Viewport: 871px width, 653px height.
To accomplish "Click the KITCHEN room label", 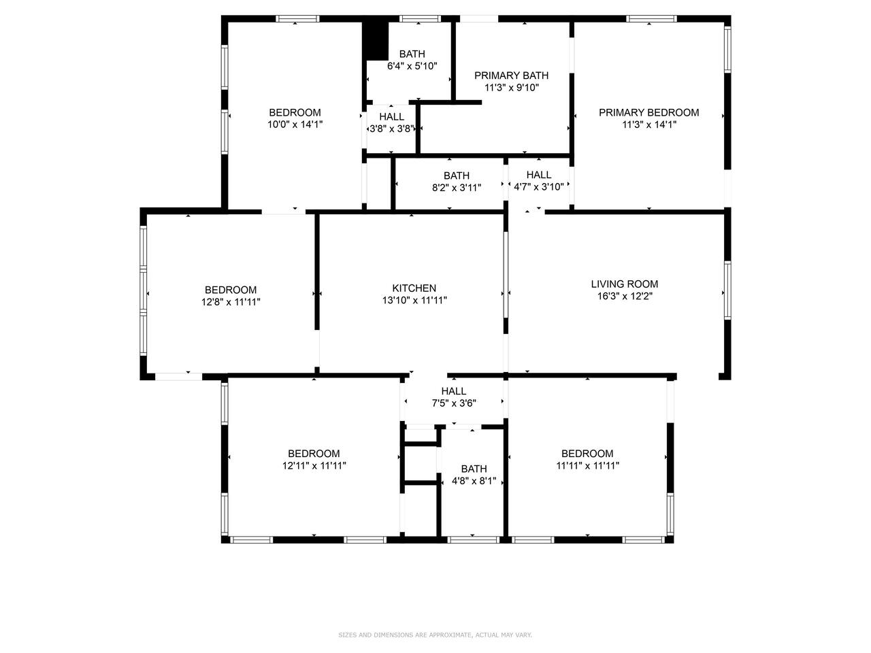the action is click(x=414, y=288).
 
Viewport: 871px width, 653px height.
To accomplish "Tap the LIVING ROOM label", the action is click(x=624, y=284).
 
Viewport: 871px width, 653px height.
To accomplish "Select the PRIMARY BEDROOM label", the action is click(x=648, y=113).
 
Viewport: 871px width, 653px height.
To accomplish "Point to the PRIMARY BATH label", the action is click(x=511, y=76).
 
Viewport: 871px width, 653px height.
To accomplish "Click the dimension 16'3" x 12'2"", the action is click(x=625, y=296).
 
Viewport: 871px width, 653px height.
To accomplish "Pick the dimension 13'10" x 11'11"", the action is click(x=414, y=300).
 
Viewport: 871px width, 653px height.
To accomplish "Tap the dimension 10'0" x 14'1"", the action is click(x=295, y=124).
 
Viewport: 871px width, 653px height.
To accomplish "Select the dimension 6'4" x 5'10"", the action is click(x=412, y=66).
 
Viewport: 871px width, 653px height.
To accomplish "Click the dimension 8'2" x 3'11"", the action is click(x=457, y=188).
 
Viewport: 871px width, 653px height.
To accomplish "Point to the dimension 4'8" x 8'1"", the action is click(x=474, y=481).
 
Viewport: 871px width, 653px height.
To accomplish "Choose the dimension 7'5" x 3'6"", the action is click(x=454, y=403).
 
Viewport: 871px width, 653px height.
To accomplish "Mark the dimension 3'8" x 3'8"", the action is click(x=392, y=129).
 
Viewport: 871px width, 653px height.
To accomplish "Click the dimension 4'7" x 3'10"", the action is click(x=538, y=187).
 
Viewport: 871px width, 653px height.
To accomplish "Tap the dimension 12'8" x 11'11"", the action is click(x=231, y=302).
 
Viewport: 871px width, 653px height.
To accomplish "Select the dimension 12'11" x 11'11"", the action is click(x=314, y=465).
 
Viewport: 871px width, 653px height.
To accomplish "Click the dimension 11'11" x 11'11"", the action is click(x=587, y=465).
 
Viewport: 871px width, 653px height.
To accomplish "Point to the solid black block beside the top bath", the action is click(x=375, y=41).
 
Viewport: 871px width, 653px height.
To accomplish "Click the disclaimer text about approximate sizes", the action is click(x=435, y=635).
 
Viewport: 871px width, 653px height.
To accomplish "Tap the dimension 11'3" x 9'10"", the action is click(x=512, y=88).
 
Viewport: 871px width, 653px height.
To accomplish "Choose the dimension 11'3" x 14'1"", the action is click(x=648, y=124).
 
